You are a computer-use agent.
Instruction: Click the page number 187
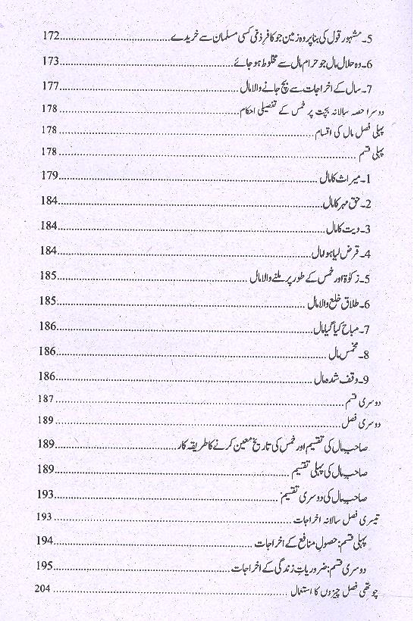pyautogui.click(x=45, y=398)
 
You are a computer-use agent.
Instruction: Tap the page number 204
pyautogui.click(x=45, y=588)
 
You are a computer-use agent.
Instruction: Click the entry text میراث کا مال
pyautogui.click(x=346, y=178)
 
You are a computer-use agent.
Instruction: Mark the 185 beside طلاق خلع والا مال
pyautogui.click(x=47, y=301)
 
